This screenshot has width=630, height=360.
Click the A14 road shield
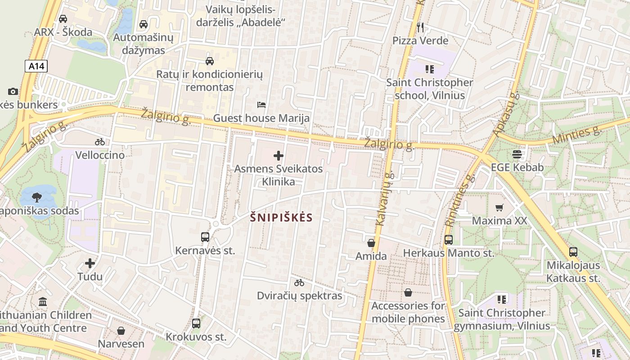point(36,67)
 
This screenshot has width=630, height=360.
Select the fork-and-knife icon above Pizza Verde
point(420,27)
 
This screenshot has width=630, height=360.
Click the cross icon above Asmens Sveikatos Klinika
point(279,156)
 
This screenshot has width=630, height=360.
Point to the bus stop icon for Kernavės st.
point(205,237)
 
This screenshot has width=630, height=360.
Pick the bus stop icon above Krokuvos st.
point(196,323)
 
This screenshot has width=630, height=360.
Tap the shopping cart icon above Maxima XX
point(499,207)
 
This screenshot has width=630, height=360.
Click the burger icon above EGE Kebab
point(517,154)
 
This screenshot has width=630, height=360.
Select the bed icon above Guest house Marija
point(261,105)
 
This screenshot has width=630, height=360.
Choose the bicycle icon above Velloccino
point(100,142)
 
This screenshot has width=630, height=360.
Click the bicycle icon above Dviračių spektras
point(299,283)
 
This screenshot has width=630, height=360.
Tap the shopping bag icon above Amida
point(371,243)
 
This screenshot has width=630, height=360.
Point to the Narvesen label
point(121,344)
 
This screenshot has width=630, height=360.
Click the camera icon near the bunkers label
point(13,91)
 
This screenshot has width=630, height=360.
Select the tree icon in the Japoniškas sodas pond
point(37,197)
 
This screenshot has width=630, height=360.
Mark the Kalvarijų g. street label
point(382,198)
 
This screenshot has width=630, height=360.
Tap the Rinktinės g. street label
point(460,200)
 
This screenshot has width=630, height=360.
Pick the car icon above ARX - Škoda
point(63,19)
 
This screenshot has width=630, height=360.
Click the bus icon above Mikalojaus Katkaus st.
point(573,252)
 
